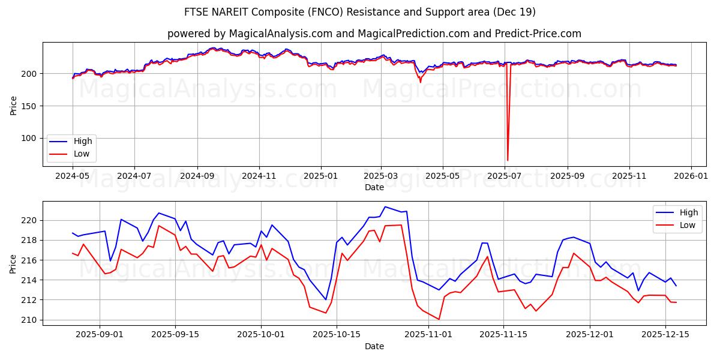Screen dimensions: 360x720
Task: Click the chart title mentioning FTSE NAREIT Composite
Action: [x=360, y=12]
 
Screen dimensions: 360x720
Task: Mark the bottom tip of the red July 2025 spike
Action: [x=508, y=160]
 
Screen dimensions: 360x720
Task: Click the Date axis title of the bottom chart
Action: [x=374, y=346]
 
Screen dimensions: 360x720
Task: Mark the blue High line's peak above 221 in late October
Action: [x=385, y=206]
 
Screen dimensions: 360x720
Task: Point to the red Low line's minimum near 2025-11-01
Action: [x=439, y=319]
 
